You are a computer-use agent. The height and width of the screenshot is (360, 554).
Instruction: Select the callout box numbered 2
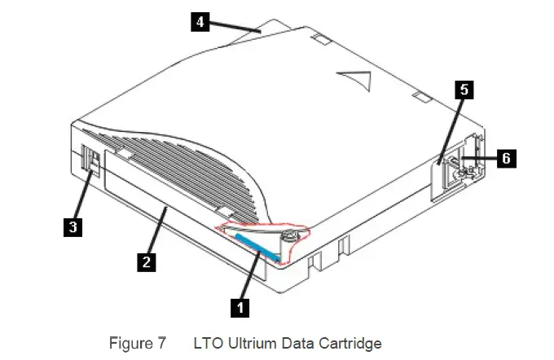point(146,261)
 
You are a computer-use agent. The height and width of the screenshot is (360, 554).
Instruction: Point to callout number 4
point(199,23)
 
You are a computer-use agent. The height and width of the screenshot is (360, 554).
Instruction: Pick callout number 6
point(506,158)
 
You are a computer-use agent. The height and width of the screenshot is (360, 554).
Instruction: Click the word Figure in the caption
point(130,343)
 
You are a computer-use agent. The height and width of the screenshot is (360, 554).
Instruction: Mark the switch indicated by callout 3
point(92,160)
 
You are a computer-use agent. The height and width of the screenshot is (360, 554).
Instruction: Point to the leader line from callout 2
point(157,233)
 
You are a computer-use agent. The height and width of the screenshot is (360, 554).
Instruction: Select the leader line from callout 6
point(477,159)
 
